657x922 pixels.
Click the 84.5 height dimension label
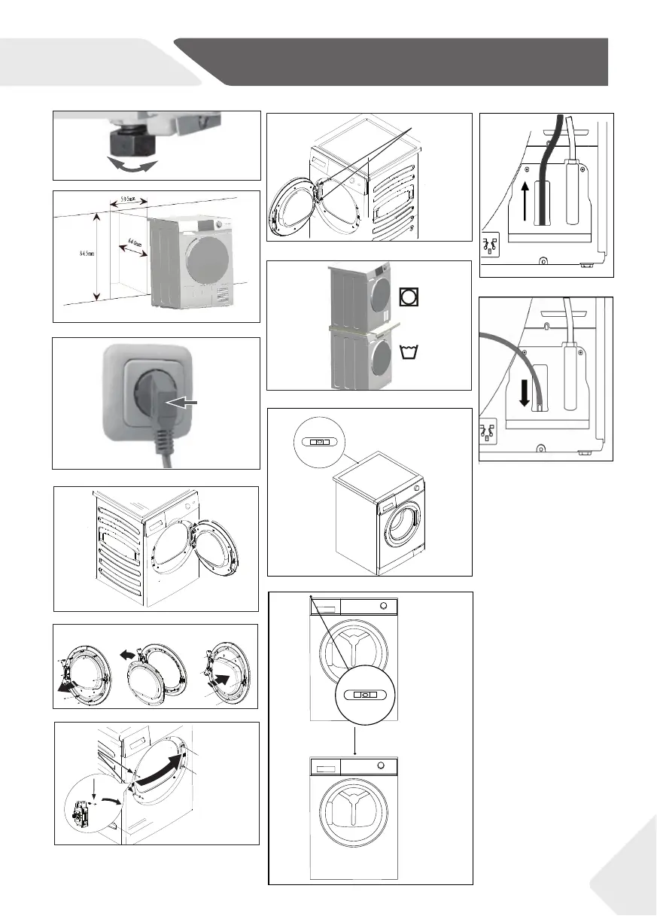(x=84, y=254)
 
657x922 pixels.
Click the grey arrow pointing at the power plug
(x=184, y=403)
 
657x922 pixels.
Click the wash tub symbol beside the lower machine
(x=411, y=350)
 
